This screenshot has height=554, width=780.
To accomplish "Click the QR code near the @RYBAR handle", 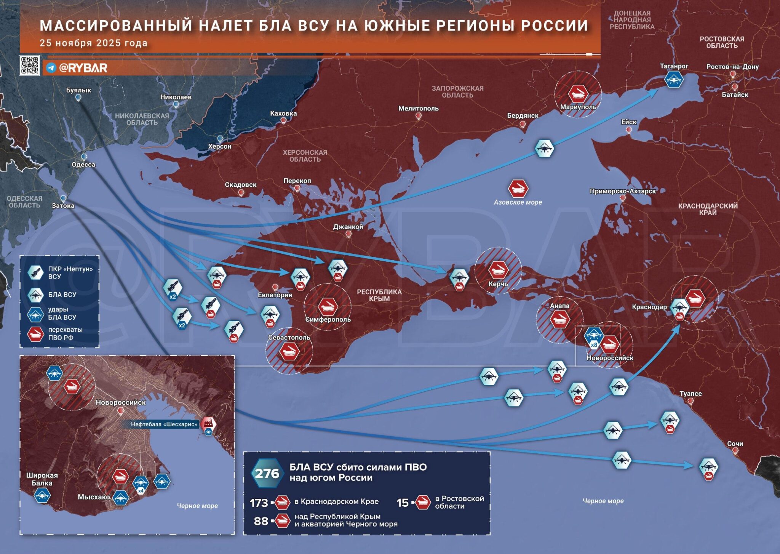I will [x=30, y=65].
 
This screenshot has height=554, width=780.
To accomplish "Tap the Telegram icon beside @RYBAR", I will [x=51, y=68].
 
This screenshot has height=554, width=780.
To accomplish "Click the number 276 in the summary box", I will [x=267, y=473].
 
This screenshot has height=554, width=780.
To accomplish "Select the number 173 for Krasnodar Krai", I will [x=259, y=503].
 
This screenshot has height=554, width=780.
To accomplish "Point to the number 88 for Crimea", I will [x=261, y=521].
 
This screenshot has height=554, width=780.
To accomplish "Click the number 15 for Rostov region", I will [x=403, y=503].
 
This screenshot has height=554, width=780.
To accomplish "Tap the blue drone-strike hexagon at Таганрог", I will [x=674, y=80].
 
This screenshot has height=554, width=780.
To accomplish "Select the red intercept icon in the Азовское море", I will [x=518, y=188].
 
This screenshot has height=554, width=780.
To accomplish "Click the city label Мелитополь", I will [x=418, y=109].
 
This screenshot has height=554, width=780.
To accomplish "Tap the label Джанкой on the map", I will [x=348, y=227].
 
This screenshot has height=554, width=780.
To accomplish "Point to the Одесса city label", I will [x=83, y=165].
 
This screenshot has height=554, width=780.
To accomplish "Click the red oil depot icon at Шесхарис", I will [x=208, y=423].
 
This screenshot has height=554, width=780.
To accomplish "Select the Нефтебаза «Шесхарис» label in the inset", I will [x=164, y=424].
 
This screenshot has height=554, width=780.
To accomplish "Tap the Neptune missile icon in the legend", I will [x=36, y=272].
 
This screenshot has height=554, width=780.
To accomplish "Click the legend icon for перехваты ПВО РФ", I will [x=35, y=334].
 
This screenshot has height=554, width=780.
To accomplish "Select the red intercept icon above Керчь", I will [x=498, y=269].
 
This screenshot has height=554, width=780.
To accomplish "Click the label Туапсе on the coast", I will [x=690, y=394].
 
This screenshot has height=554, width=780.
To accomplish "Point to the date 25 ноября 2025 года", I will [x=93, y=43].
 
